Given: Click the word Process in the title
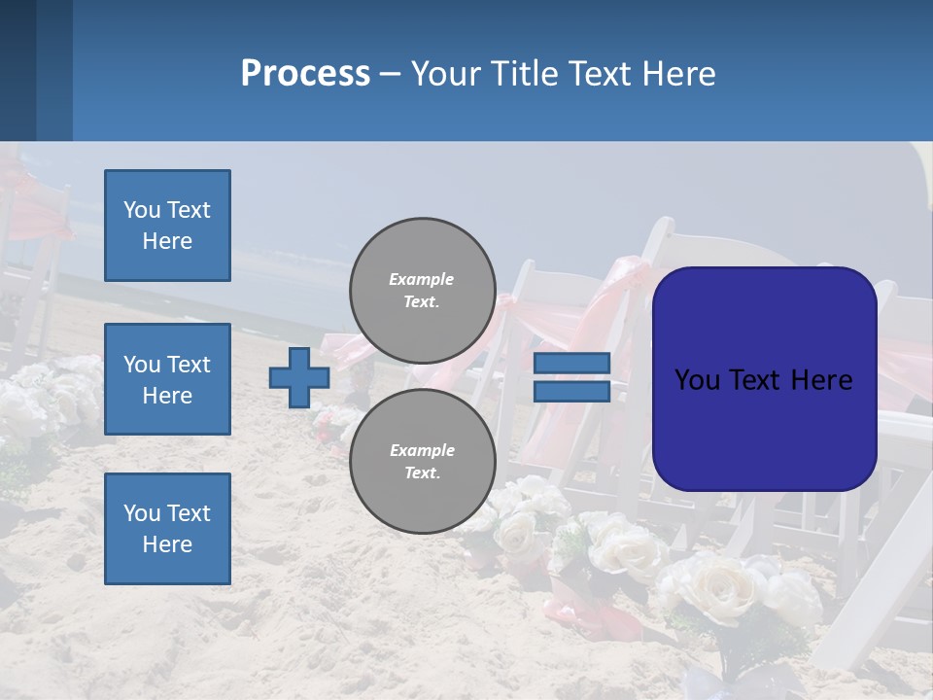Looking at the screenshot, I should click(x=305, y=74).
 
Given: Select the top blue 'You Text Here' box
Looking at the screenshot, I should click(x=167, y=226).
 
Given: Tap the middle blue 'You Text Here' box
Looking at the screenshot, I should click(x=167, y=379).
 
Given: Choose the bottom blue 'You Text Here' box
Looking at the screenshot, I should click(x=167, y=528).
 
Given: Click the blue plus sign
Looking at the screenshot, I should click(x=299, y=377).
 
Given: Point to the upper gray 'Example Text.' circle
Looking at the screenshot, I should click(x=422, y=290).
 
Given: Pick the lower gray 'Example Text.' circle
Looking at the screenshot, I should click(x=422, y=461).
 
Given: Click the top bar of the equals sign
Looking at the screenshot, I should click(x=571, y=364).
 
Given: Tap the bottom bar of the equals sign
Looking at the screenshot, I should click(x=571, y=391).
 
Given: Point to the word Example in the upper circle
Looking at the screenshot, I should click(x=422, y=279).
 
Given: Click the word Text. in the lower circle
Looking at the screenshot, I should click(x=422, y=473).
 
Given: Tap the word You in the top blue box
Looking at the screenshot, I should click(x=142, y=210).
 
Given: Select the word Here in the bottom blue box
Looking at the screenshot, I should click(x=167, y=544).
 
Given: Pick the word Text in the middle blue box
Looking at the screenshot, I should click(x=189, y=365).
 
